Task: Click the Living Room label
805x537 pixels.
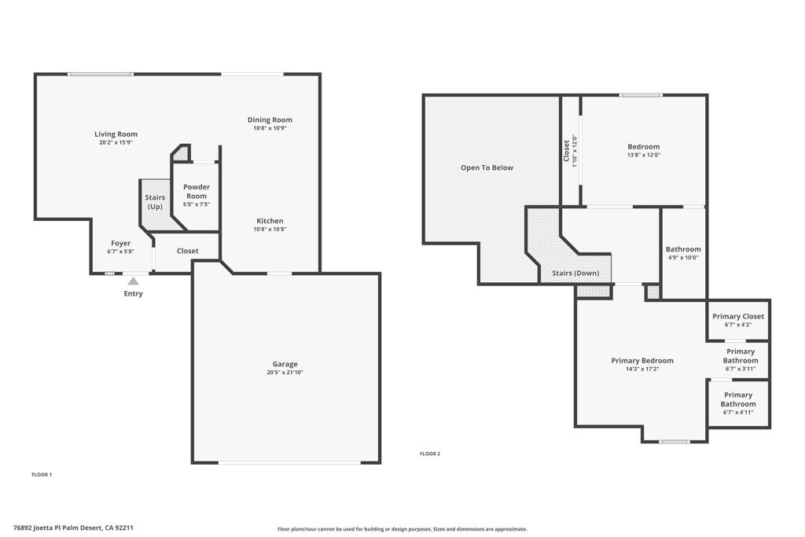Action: pyautogui.click(x=116, y=134)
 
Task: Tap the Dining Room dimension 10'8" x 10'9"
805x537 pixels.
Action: pyautogui.click(x=270, y=128)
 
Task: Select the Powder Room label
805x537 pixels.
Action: pyautogui.click(x=196, y=191)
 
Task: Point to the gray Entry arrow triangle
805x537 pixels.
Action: pyautogui.click(x=134, y=281)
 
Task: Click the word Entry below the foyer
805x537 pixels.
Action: pyautogui.click(x=134, y=294)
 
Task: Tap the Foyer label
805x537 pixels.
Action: pyautogui.click(x=120, y=244)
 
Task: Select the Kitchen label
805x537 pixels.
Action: pyautogui.click(x=270, y=221)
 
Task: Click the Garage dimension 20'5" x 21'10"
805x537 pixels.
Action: pyautogui.click(x=285, y=373)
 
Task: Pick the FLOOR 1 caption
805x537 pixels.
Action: pyautogui.click(x=42, y=475)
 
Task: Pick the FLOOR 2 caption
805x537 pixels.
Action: pyautogui.click(x=430, y=454)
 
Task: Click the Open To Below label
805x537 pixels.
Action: pyautogui.click(x=487, y=167)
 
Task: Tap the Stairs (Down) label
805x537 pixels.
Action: pyautogui.click(x=575, y=274)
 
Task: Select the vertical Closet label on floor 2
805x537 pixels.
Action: pyautogui.click(x=567, y=151)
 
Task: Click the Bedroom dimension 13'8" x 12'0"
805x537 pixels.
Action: pyautogui.click(x=643, y=155)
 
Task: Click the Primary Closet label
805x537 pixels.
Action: pyautogui.click(x=738, y=317)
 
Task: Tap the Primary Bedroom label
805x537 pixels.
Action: pyautogui.click(x=642, y=361)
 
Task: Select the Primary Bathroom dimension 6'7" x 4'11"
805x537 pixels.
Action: pyautogui.click(x=738, y=412)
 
